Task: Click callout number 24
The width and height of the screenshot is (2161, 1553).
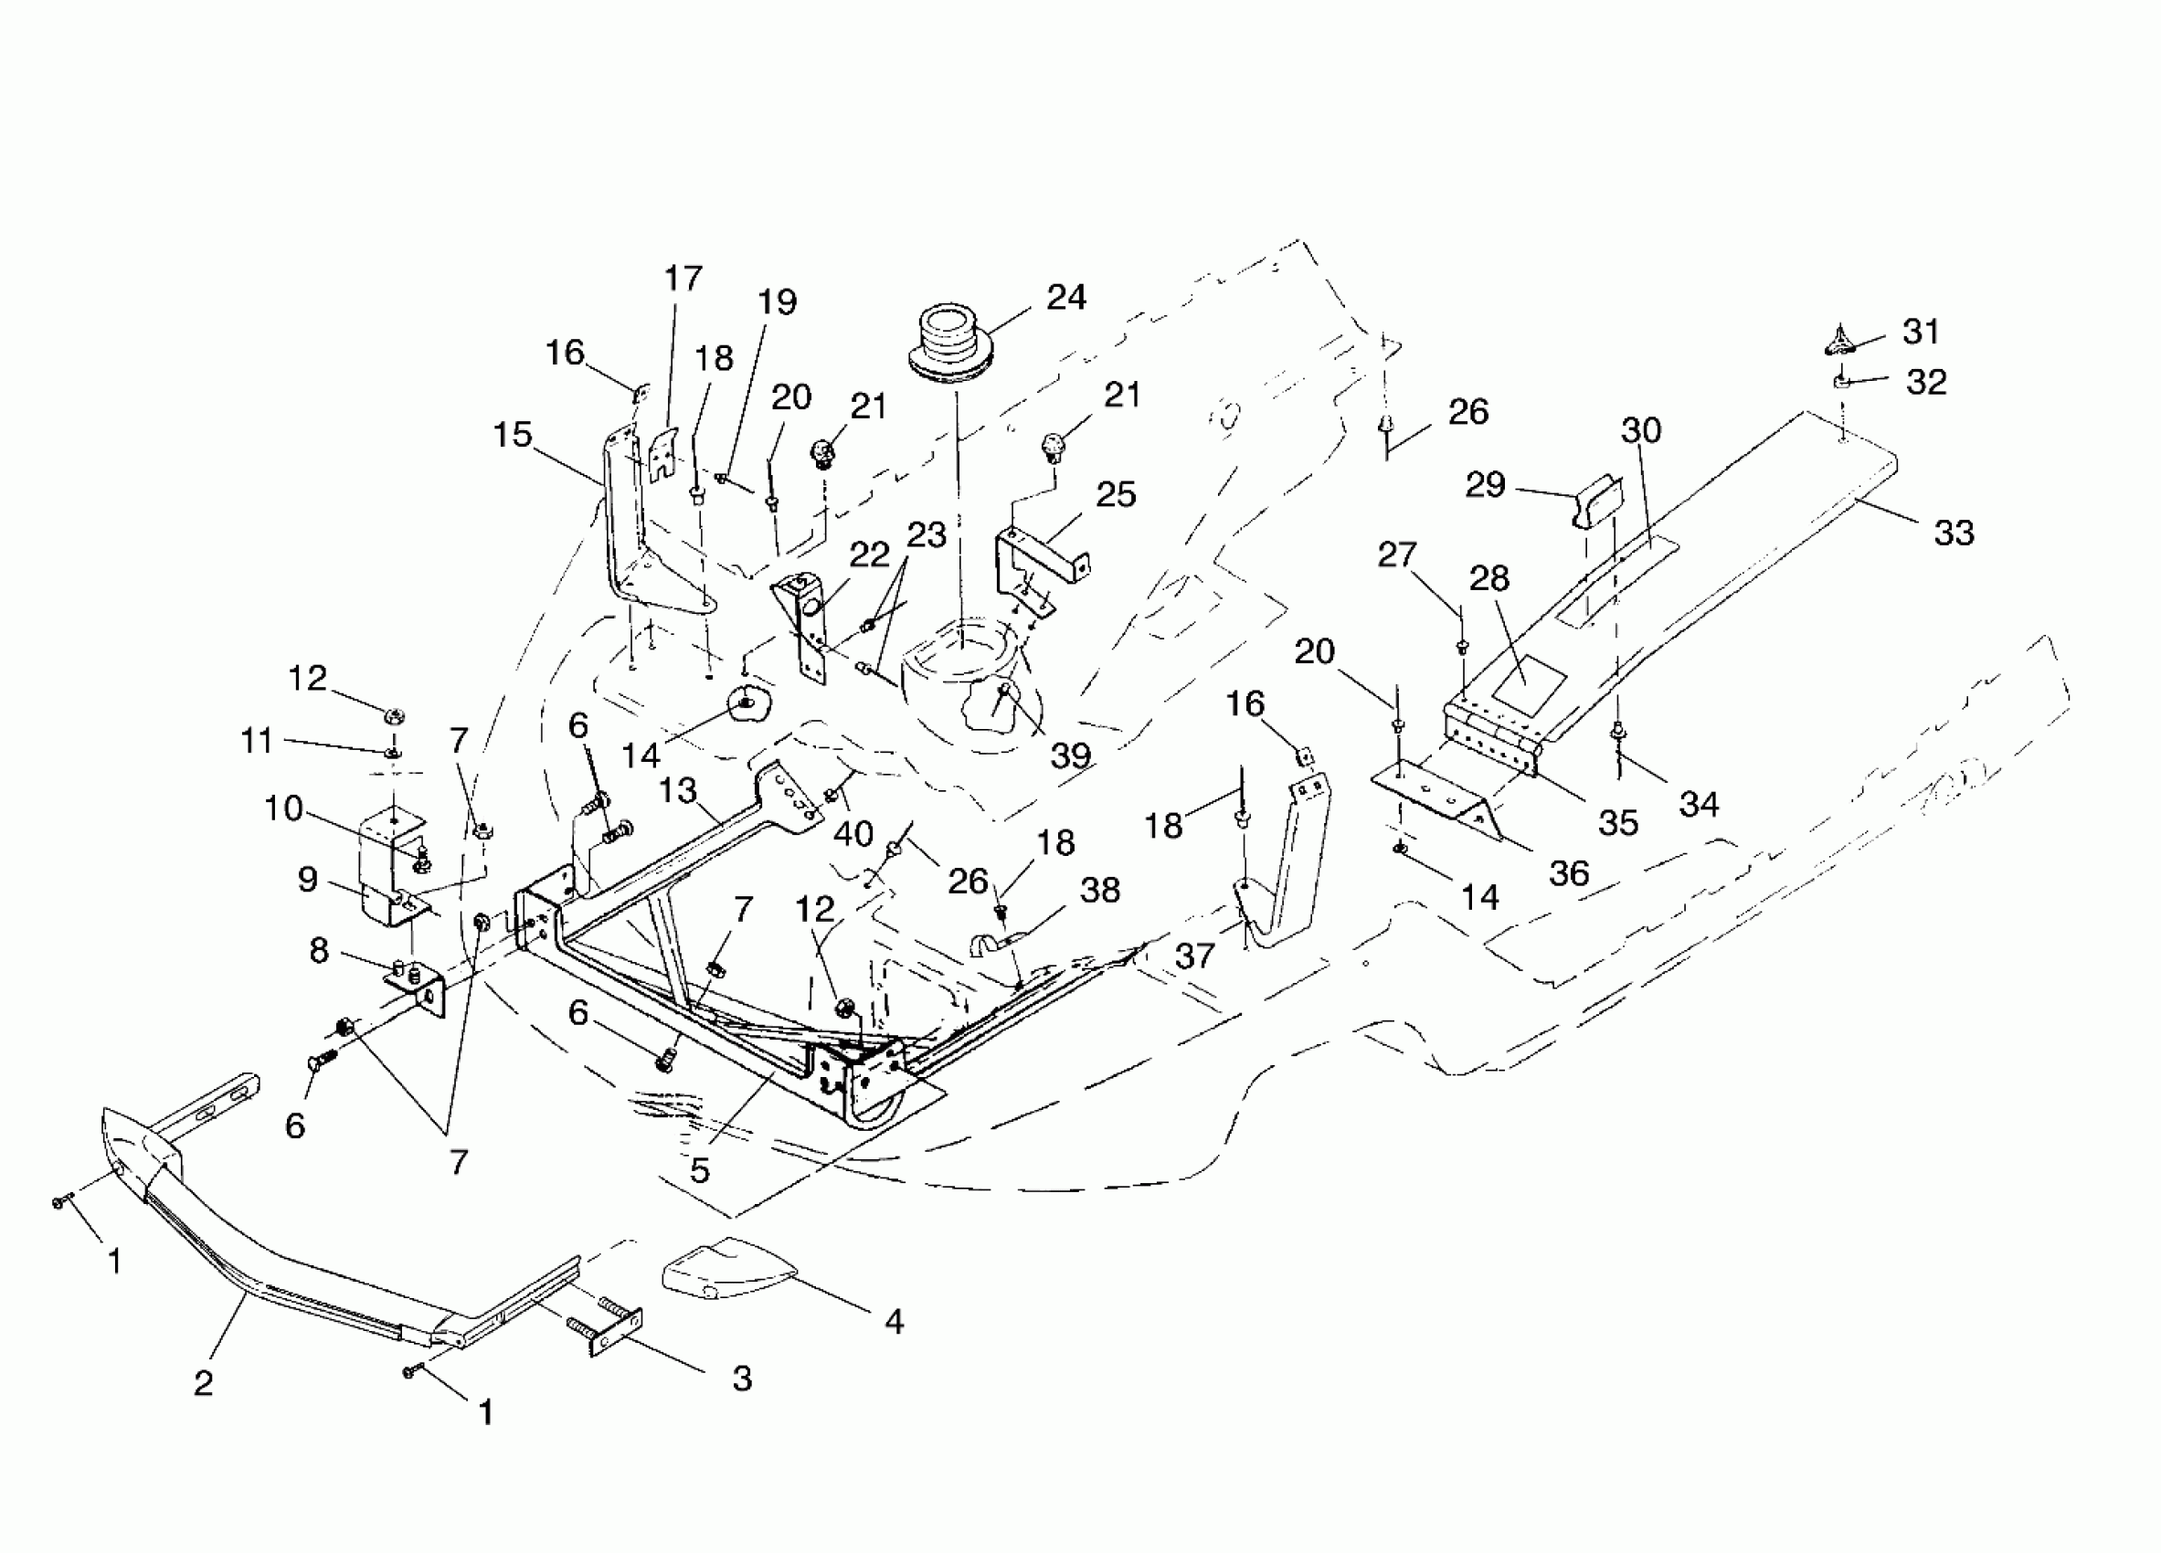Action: [1066, 297]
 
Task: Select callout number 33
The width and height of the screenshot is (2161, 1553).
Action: [1954, 533]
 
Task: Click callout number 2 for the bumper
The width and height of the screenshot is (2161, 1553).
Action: [203, 1382]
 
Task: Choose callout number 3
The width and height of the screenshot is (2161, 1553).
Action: [742, 1378]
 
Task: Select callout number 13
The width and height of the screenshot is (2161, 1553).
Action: [678, 790]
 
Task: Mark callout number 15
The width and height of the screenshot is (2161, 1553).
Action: [513, 435]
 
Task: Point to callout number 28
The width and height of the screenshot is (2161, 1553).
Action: [1489, 578]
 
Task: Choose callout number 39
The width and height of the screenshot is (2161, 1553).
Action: [1071, 755]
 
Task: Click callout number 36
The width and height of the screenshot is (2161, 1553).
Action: [1569, 872]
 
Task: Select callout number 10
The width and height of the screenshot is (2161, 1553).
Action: [283, 808]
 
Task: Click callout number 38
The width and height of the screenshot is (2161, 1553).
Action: [1099, 890]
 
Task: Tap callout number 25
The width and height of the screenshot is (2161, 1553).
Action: [1116, 494]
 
